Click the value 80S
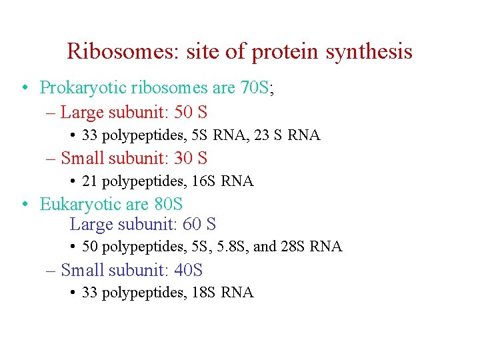point(167,204)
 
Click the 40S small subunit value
point(187,270)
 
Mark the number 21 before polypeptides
point(89,181)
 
